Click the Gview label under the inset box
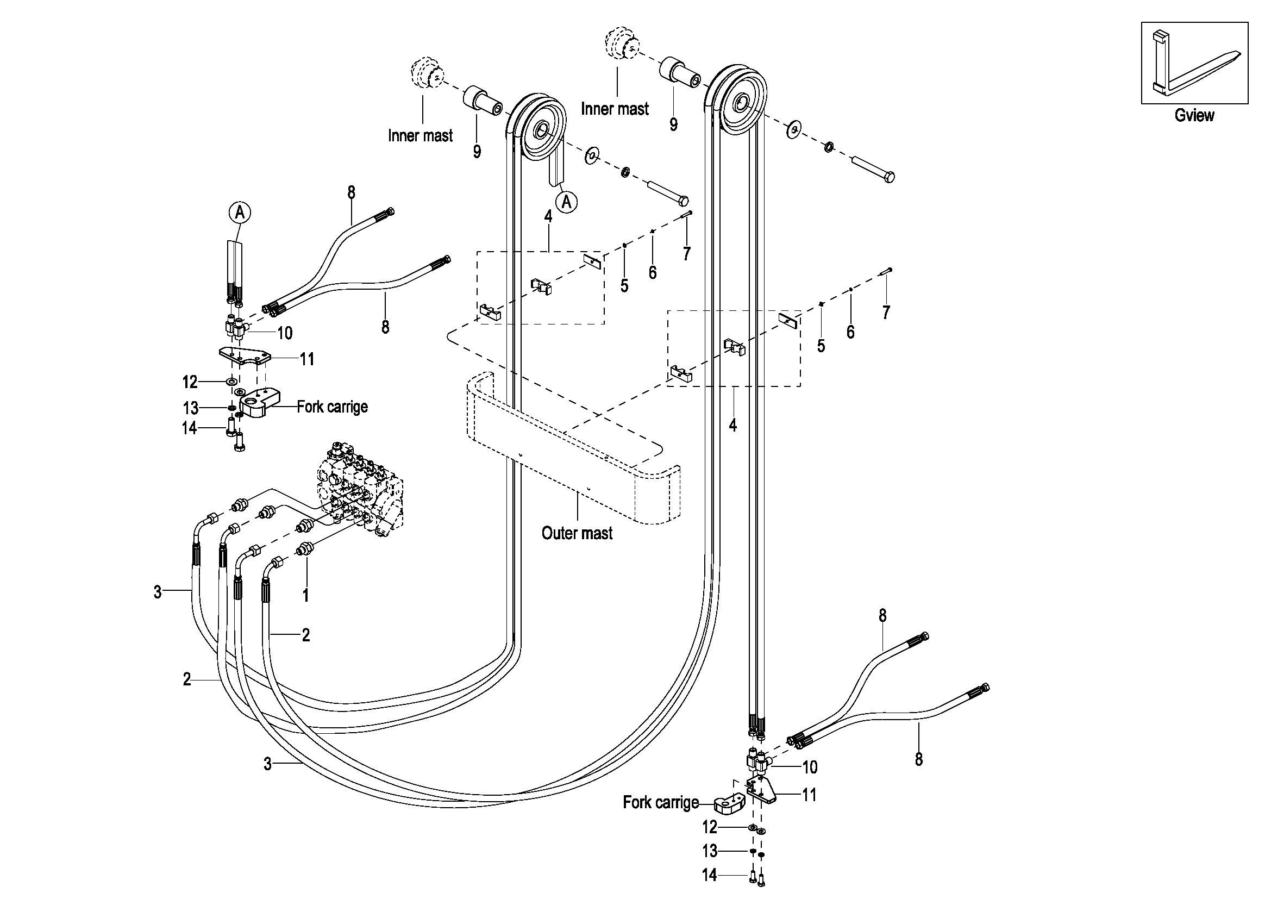(1194, 115)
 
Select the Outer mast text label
(577, 533)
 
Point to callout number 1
(305, 595)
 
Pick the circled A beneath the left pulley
(566, 202)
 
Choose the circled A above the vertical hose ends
(240, 212)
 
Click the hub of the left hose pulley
(540, 132)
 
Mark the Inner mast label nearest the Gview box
(615, 109)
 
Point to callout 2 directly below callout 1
(305, 635)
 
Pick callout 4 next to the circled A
(548, 216)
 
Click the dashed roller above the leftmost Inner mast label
(425, 73)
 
